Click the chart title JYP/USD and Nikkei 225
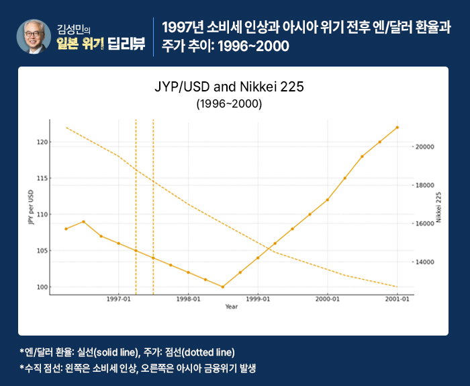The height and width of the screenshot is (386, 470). [x=230, y=89]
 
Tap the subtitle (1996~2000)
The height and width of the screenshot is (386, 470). [x=229, y=105]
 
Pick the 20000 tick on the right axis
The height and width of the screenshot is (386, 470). [x=427, y=147]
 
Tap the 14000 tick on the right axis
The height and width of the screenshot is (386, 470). [x=427, y=262]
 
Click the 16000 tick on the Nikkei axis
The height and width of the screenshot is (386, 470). [x=427, y=223]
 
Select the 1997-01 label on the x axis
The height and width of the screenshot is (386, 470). [x=118, y=299]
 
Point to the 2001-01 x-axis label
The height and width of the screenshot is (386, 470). [x=397, y=299]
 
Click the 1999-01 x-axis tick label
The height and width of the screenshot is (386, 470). [x=258, y=299]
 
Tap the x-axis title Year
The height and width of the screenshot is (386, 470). [x=231, y=307]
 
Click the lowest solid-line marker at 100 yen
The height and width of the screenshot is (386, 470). [x=223, y=286]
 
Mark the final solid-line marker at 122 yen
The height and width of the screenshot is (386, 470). [x=397, y=127]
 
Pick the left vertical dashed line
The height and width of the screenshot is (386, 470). [x=136, y=202]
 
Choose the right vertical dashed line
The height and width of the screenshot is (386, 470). [x=153, y=202]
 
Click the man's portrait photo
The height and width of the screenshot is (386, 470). [x=34, y=36]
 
